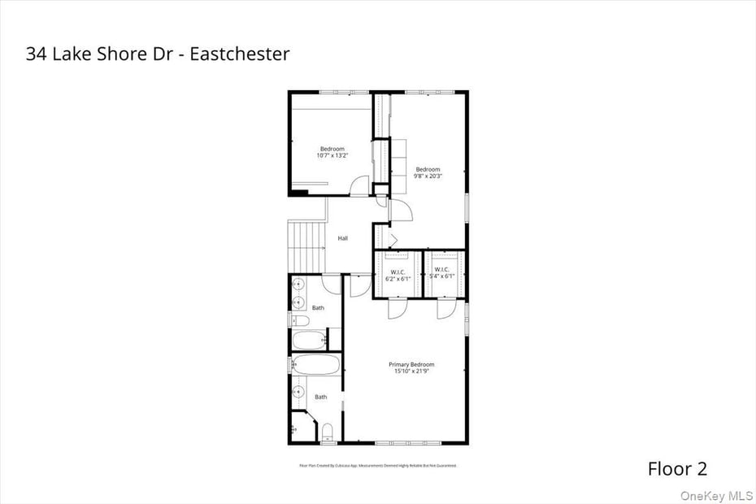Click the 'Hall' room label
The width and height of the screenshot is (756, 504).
(x=343, y=238)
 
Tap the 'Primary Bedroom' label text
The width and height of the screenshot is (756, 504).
(x=411, y=364)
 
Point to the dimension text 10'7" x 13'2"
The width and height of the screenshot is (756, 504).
(x=332, y=155)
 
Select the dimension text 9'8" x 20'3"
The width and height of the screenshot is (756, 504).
(x=428, y=176)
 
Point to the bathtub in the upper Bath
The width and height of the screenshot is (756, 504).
(x=308, y=340)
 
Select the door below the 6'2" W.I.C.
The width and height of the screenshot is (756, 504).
(x=397, y=309)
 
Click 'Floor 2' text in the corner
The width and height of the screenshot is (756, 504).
(x=677, y=468)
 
